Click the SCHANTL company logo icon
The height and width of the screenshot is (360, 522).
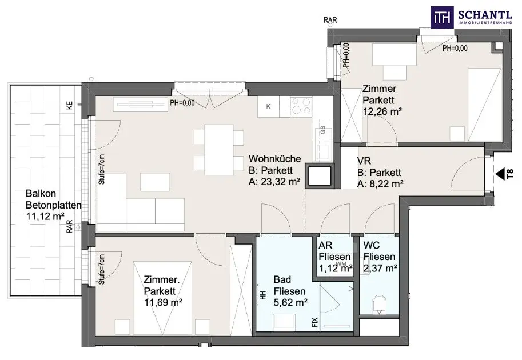tap(442, 17)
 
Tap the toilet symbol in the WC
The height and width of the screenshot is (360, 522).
tap(380, 305)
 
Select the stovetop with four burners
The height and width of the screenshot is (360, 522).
tap(301, 106)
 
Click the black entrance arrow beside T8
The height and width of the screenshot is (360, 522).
tap(500, 174)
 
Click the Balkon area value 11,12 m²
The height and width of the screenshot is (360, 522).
tap(45, 216)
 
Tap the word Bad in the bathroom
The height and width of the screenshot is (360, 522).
tap(282, 279)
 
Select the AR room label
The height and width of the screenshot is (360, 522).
tap(325, 246)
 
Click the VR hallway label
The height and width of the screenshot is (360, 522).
tap(364, 161)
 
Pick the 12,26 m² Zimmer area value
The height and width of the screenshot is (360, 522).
tap(382, 111)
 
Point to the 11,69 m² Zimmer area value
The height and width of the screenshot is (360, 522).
tap(163, 302)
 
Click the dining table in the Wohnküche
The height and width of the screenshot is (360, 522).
tap(219, 150)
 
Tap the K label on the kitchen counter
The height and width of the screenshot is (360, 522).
tap(268, 106)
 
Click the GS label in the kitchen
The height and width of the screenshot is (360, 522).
tap(322, 130)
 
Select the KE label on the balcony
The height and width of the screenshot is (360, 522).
tap(69, 106)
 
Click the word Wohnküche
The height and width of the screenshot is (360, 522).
tap(274, 159)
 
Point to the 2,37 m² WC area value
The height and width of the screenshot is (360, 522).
tap(380, 268)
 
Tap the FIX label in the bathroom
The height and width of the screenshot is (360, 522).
tap(315, 322)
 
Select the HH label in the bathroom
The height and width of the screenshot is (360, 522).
tap(263, 295)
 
